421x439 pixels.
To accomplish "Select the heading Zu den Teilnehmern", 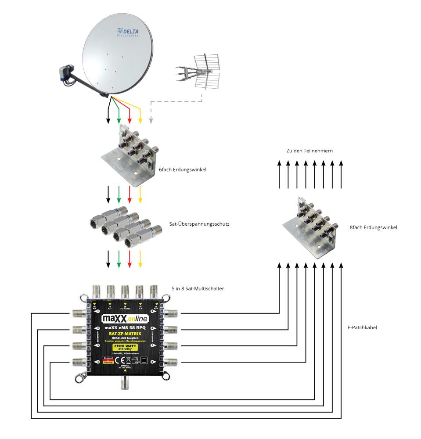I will coord(309,151).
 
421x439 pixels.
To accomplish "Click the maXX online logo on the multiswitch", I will coord(125,317).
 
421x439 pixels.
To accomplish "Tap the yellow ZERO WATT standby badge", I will coord(125,348).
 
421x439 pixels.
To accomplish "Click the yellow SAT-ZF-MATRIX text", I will coord(125,334).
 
